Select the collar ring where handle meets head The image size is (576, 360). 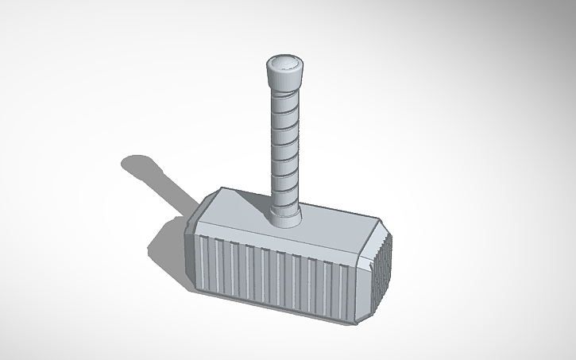[x=285, y=212]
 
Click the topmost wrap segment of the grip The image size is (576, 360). [x=284, y=99]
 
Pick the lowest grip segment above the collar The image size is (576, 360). [x=285, y=196]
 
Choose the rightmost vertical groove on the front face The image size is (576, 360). [x=346, y=286]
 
